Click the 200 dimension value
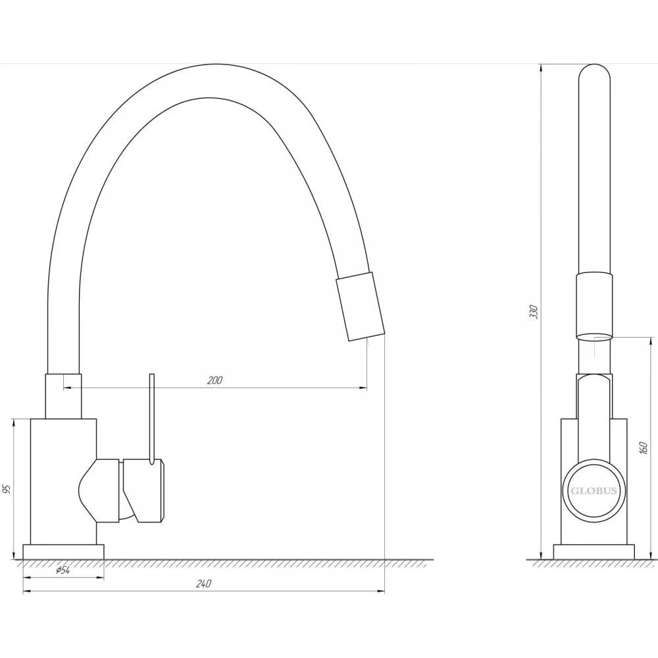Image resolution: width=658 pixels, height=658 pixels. point(215,380)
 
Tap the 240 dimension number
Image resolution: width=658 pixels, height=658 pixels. point(203,583)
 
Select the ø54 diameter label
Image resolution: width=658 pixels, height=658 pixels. point(63,570)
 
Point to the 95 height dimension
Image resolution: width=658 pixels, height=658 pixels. point(7,489)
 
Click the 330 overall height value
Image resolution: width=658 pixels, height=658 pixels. point(534,311)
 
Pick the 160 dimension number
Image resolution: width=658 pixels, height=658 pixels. point(644,448)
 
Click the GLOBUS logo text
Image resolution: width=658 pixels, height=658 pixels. point(594,491)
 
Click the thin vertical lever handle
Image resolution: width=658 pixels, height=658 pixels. point(152,418)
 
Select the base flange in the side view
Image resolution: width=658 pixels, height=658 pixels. point(594,552)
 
